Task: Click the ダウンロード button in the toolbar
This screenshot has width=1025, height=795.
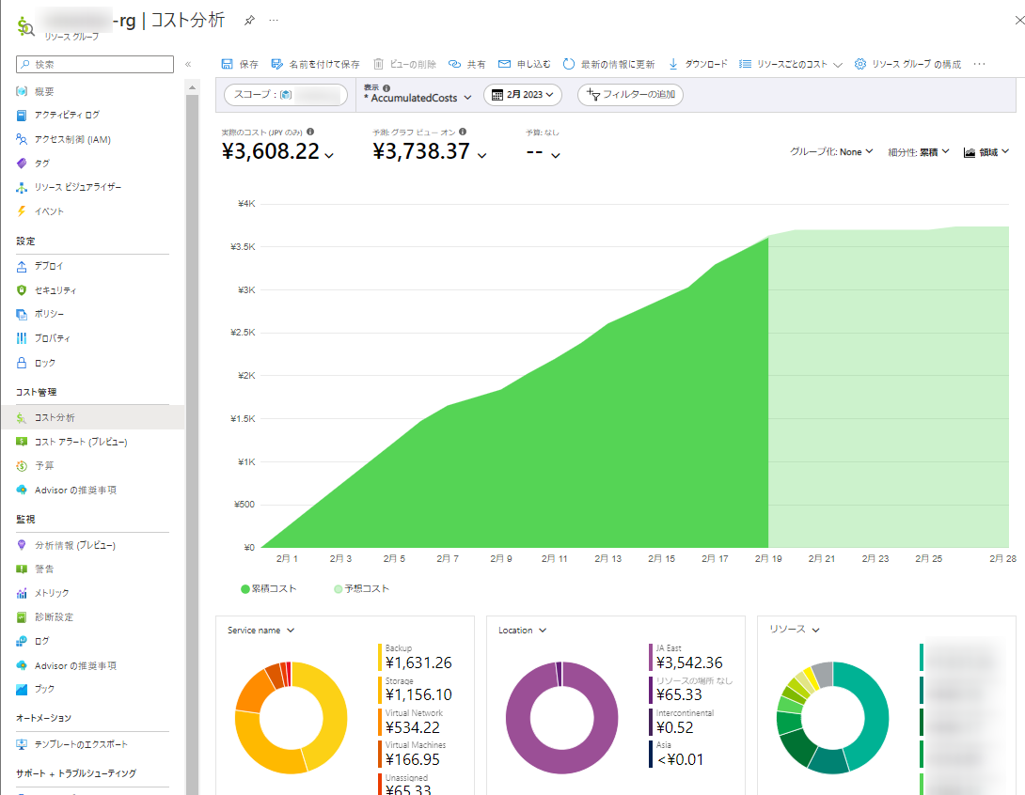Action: point(698,64)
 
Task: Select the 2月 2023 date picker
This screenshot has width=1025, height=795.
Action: point(523,95)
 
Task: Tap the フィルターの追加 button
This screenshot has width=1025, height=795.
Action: point(630,95)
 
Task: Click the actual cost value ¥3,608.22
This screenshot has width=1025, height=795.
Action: point(271,151)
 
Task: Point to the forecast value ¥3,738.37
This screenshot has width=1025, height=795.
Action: point(421,151)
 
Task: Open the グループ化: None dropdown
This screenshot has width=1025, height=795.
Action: point(831,151)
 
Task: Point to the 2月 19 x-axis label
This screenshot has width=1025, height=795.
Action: point(768,558)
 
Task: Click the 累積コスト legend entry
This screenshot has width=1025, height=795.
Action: point(269,589)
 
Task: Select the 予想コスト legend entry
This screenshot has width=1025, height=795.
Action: point(361,589)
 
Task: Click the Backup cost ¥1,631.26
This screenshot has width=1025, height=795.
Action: point(418,662)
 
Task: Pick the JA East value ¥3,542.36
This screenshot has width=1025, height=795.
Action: point(689,662)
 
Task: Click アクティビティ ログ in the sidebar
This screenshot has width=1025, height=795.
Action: point(67,115)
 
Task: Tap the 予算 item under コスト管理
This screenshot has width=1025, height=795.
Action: point(44,465)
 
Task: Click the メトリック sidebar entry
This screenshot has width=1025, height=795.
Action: point(52,593)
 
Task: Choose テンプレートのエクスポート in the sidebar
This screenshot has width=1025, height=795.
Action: point(81,744)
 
